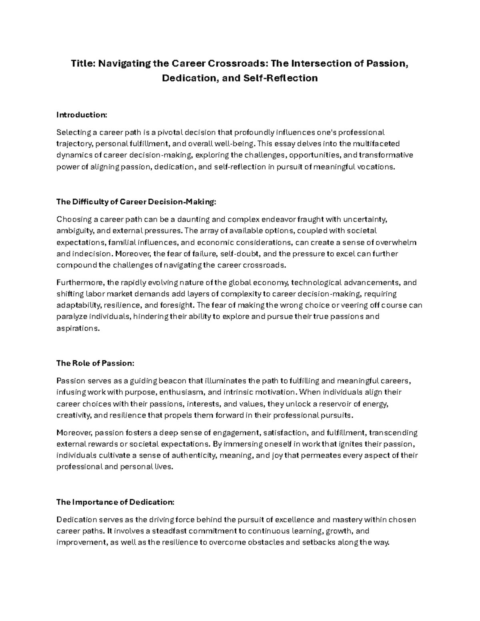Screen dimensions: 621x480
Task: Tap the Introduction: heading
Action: (x=82, y=115)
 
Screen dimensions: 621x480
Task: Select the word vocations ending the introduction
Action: (x=376, y=167)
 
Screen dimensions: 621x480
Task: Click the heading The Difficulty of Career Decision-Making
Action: (x=136, y=202)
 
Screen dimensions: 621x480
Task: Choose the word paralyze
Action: (x=71, y=317)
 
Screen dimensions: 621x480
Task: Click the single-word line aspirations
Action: (x=77, y=328)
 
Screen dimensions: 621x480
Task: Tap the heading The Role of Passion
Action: (x=95, y=363)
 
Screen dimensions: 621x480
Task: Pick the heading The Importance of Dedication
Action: (x=115, y=502)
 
